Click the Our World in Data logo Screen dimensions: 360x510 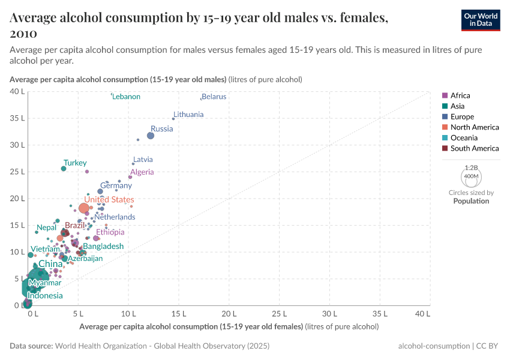(480, 19)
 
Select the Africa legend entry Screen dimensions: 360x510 (460, 95)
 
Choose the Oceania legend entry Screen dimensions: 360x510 (463, 138)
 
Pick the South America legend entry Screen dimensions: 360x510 (474, 148)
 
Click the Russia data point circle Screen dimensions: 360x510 (151, 136)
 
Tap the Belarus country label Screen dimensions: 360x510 (214, 97)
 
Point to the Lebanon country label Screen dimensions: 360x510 (127, 97)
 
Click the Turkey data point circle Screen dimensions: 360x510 (64, 169)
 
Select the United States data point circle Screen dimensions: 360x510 (84, 208)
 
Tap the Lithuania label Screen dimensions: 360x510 (188, 114)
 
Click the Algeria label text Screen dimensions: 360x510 (142, 172)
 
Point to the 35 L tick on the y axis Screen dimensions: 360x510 (17, 118)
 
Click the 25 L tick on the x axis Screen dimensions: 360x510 (280, 314)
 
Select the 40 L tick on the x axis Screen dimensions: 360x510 (422, 314)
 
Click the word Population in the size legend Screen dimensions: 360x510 (471, 201)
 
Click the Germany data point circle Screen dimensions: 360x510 (100, 191)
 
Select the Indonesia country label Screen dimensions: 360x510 (45, 296)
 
